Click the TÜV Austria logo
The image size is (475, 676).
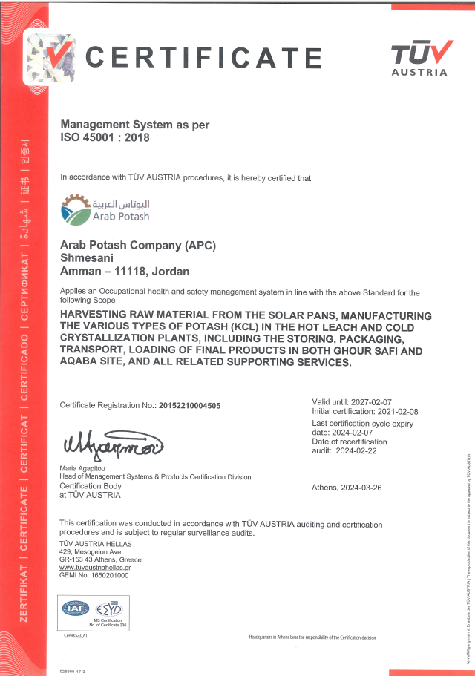[420, 58]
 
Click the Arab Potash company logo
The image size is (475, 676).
[105, 209]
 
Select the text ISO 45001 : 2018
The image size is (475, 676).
[105, 137]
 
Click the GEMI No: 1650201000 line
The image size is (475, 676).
[94, 575]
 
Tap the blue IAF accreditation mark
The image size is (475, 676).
[76, 608]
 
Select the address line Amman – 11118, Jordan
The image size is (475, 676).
[125, 272]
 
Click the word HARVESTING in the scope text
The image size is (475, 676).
[94, 313]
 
